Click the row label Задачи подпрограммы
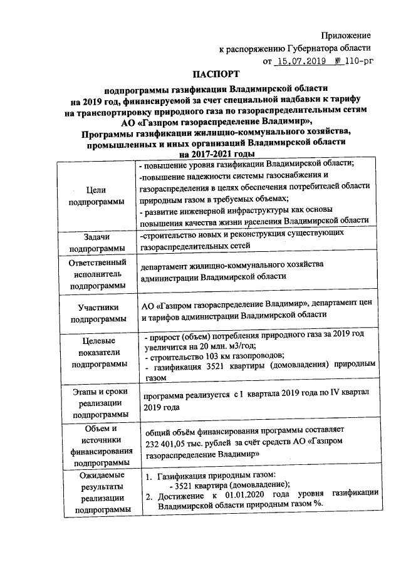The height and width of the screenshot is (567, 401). pyautogui.click(x=96, y=241)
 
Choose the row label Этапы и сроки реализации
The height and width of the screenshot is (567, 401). pyautogui.click(x=96, y=402)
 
